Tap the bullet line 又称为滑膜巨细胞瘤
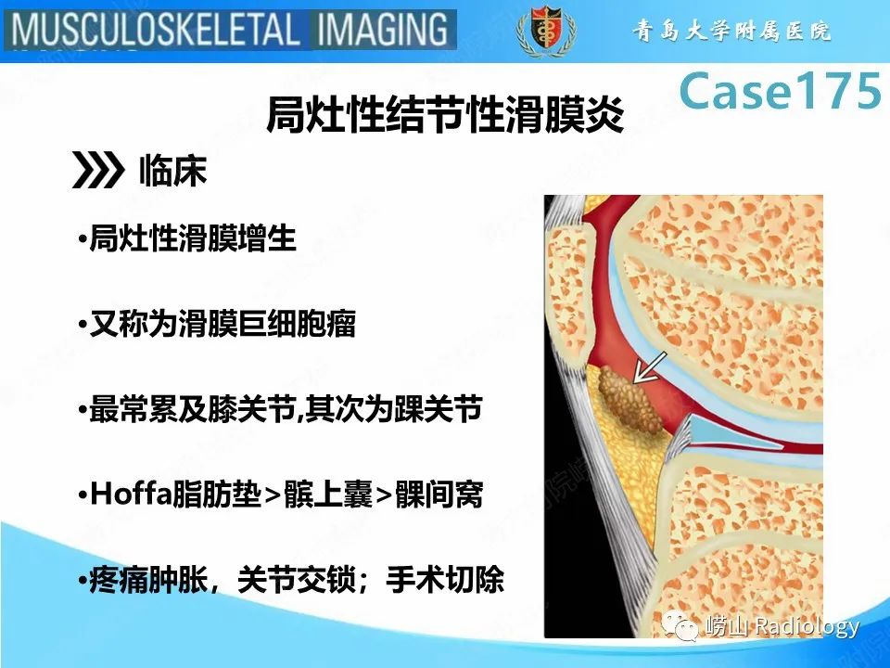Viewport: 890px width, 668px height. point(222,326)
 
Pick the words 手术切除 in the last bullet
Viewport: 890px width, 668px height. point(450,581)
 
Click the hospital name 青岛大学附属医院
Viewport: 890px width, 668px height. point(732,32)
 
